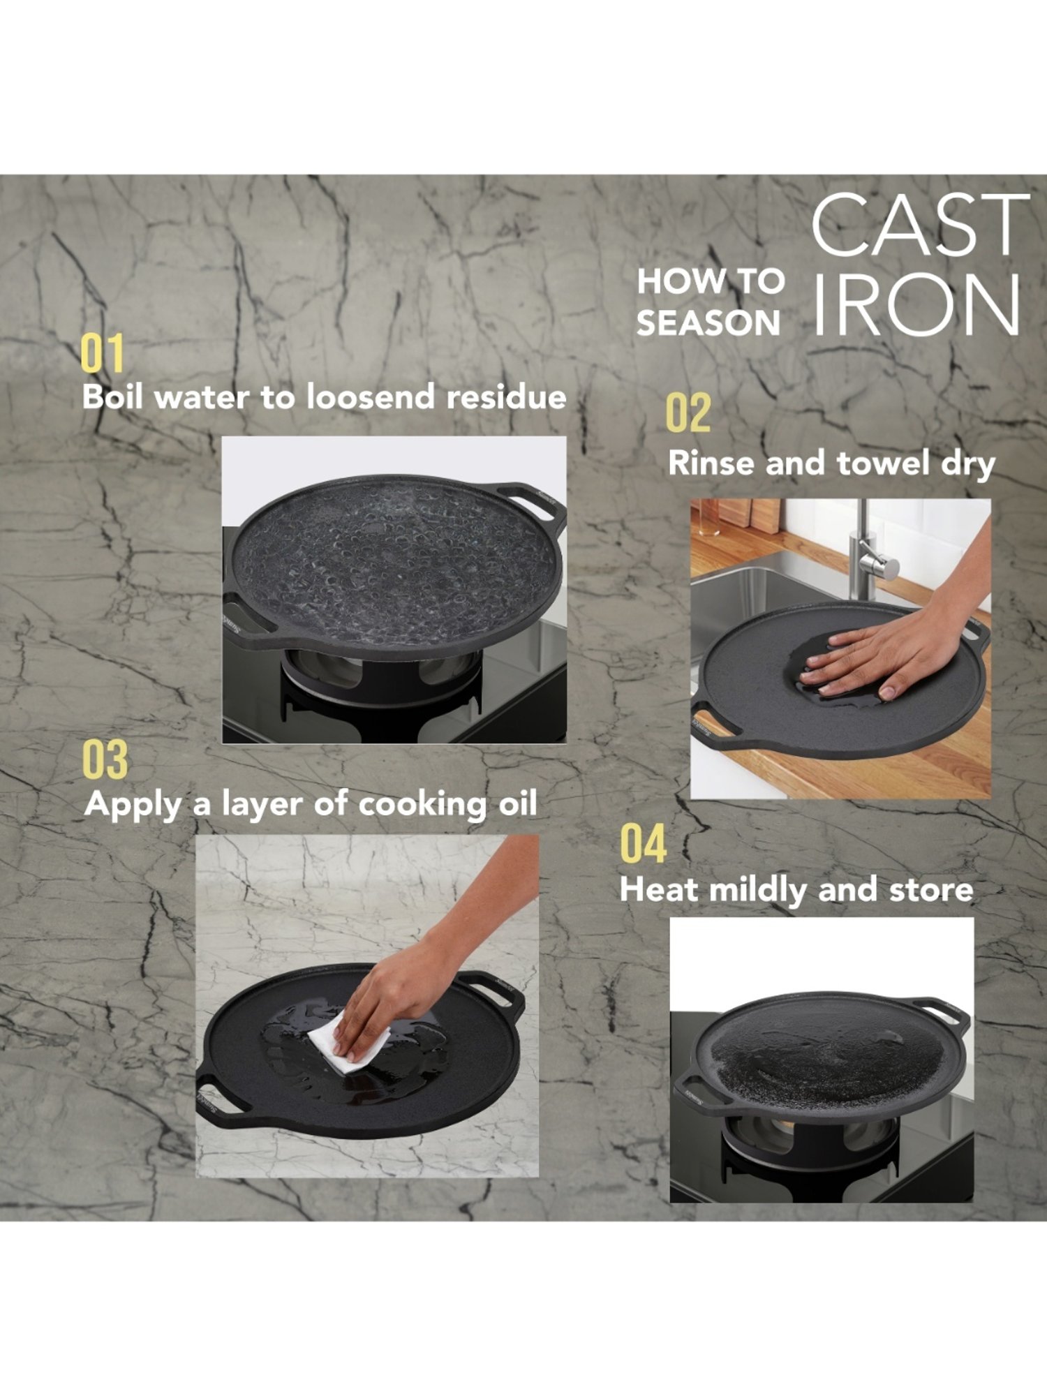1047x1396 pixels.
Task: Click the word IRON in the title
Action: click(x=916, y=304)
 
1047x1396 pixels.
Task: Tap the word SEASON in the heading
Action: click(x=708, y=323)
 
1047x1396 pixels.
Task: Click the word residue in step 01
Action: click(x=506, y=397)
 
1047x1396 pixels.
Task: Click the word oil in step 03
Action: click(x=517, y=803)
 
